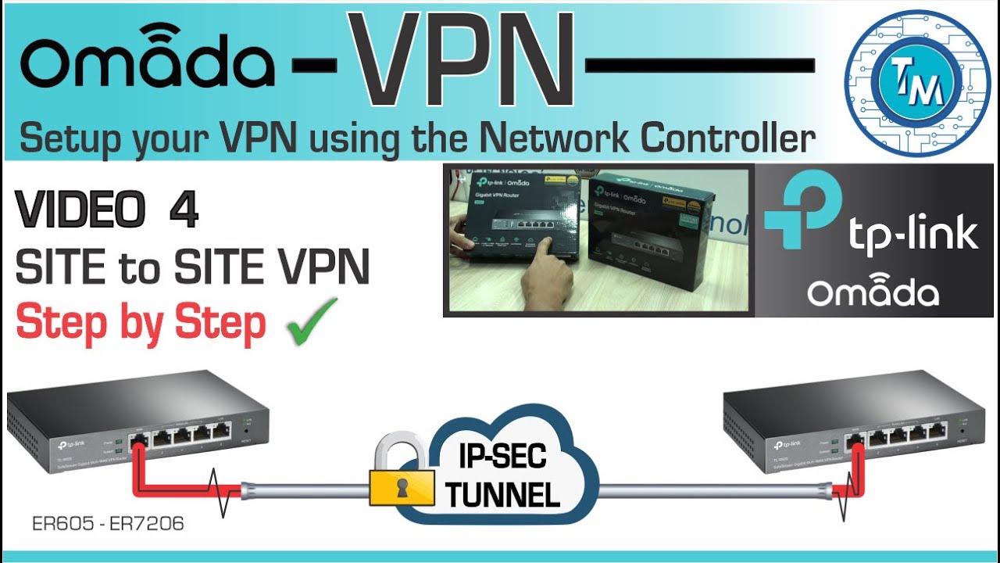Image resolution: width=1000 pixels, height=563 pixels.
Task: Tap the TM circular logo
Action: [917, 82]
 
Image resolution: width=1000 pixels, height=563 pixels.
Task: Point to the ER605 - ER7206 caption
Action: [108, 524]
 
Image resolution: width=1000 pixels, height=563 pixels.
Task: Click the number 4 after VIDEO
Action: [183, 212]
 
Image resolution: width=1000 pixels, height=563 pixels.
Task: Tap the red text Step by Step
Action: [141, 322]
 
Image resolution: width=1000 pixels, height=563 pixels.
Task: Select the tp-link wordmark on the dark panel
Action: [911, 233]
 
